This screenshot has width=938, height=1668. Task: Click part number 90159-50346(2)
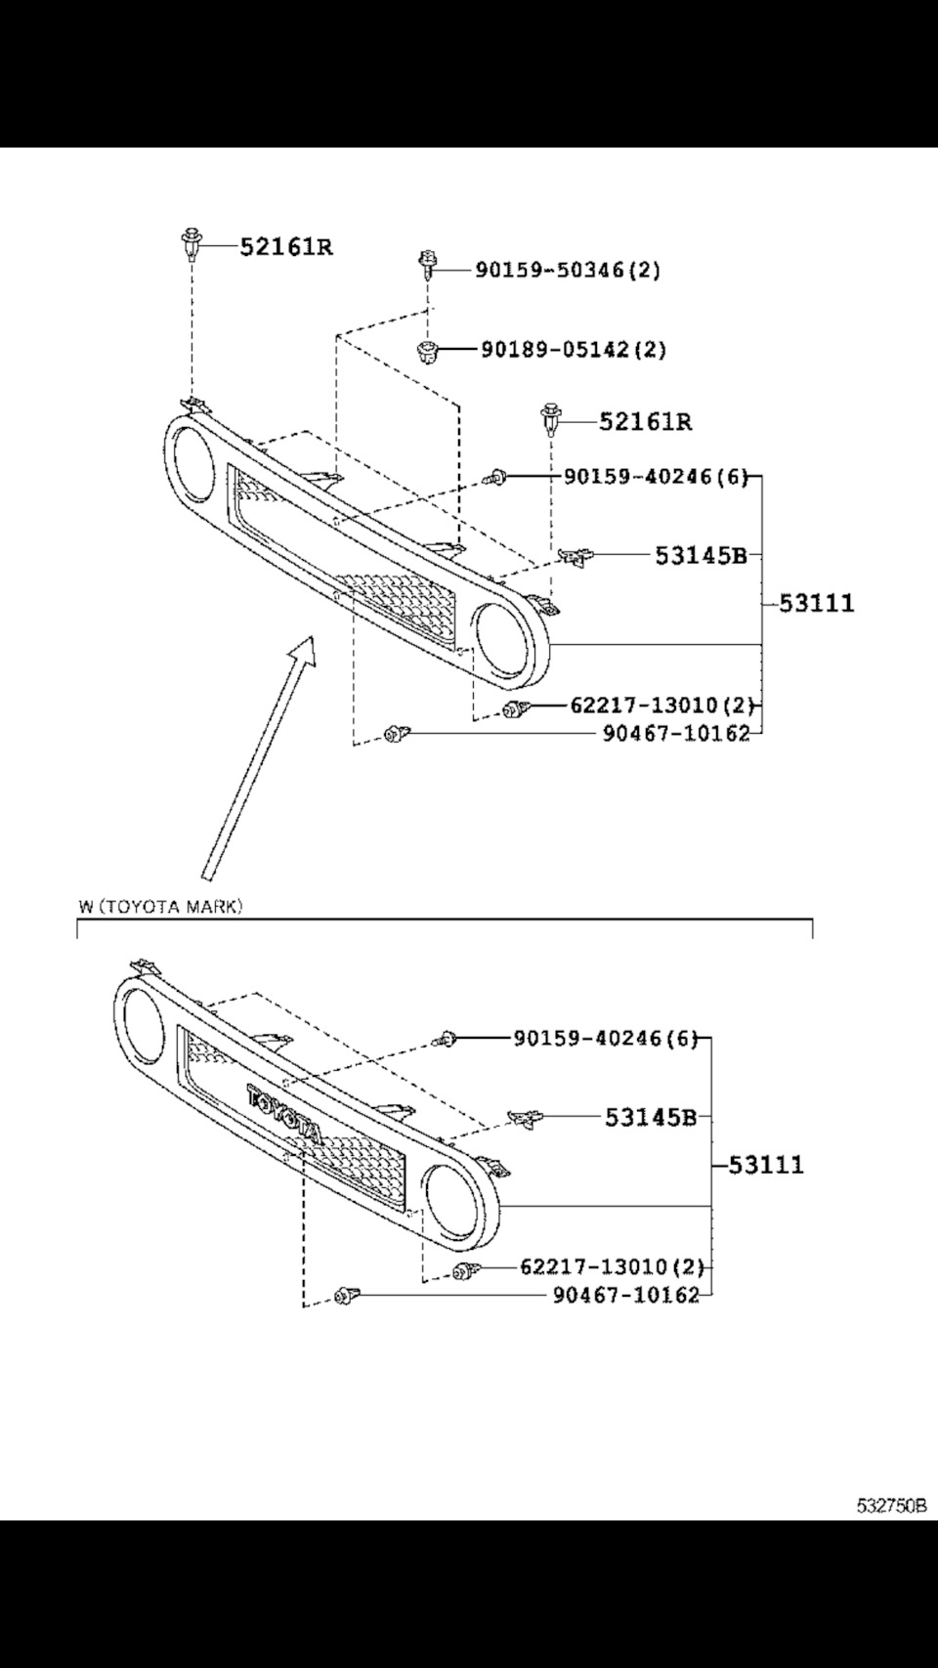(x=568, y=270)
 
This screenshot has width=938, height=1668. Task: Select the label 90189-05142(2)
(x=574, y=349)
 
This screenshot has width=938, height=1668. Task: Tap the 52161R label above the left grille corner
(x=286, y=246)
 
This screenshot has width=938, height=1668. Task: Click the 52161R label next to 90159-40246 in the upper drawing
(x=645, y=421)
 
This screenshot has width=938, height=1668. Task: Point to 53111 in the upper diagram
(x=816, y=603)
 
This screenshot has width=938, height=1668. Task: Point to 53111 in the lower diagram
(x=765, y=1165)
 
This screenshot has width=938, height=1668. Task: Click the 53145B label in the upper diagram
(x=701, y=555)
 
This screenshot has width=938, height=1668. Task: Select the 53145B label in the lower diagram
(x=650, y=1117)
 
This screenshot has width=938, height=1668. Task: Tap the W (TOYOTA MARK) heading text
(x=160, y=907)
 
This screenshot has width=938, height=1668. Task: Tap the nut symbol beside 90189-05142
(x=425, y=350)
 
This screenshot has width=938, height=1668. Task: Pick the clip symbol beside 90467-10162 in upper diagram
(x=397, y=733)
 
